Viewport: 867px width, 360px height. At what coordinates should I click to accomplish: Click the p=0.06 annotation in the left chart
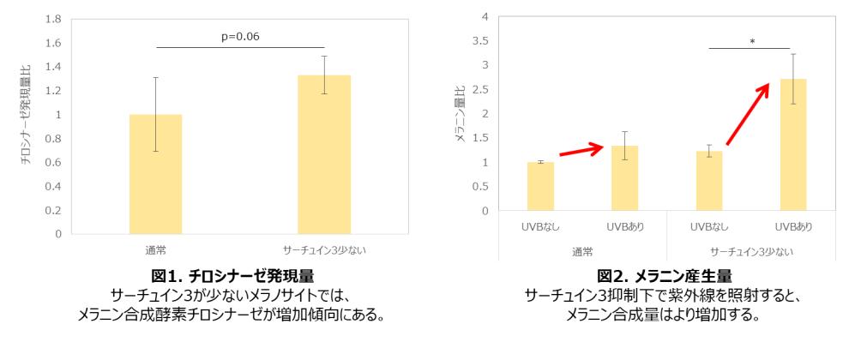click(x=241, y=36)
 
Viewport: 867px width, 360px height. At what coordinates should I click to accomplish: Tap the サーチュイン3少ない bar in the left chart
click(x=324, y=154)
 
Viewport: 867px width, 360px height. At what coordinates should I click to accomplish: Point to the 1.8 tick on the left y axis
click(x=52, y=18)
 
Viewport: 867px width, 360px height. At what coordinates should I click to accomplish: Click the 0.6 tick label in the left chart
click(x=52, y=162)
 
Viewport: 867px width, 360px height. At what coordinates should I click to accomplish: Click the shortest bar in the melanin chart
click(x=540, y=186)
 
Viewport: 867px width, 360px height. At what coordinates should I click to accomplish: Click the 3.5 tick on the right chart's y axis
click(x=481, y=40)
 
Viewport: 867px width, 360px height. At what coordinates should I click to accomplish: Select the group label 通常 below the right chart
click(x=582, y=251)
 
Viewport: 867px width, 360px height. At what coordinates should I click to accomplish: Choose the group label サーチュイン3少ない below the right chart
click(x=752, y=251)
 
